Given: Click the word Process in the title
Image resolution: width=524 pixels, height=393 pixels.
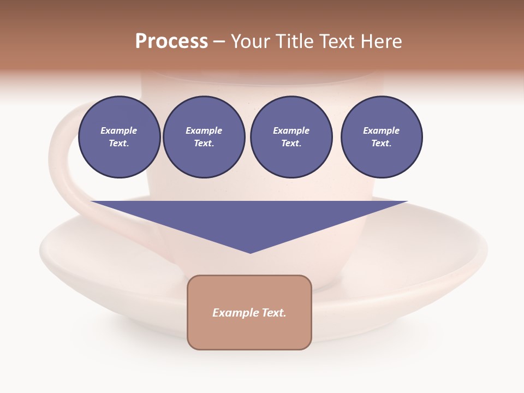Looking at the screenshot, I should [x=171, y=41].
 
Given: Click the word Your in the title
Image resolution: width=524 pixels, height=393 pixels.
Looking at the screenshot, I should [x=252, y=41].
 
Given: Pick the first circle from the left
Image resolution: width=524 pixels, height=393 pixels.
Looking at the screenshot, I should [x=119, y=137].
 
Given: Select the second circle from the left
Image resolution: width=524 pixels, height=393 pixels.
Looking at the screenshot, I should [x=204, y=137].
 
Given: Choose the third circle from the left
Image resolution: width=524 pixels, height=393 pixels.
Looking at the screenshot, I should [x=291, y=137].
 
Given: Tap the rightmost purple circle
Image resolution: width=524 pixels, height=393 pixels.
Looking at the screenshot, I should [x=381, y=137].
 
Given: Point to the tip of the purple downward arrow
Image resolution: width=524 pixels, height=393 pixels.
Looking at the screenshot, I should [x=250, y=252].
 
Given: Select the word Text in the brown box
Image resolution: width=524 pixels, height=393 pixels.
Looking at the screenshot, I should [x=273, y=313].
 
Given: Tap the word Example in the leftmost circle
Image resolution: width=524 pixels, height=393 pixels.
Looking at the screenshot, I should [x=119, y=130].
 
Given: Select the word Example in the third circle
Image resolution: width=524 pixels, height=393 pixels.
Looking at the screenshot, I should [x=291, y=130].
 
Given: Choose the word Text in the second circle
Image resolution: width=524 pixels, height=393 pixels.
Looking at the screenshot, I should [x=203, y=144].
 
